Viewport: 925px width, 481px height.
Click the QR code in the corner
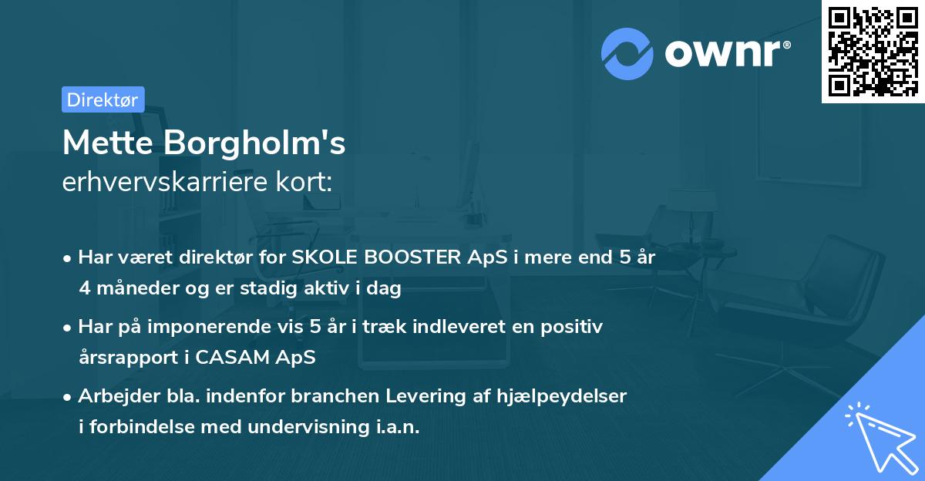coord(873,51)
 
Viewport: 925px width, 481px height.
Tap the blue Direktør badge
coord(103,99)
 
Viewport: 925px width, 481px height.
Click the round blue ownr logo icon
coord(627,53)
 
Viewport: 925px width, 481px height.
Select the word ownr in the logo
coord(726,53)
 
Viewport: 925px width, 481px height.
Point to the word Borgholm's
coord(256,144)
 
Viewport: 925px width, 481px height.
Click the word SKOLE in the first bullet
coord(324,257)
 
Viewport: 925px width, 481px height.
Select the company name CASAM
coord(240,358)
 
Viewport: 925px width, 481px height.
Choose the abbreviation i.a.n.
coord(399,427)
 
